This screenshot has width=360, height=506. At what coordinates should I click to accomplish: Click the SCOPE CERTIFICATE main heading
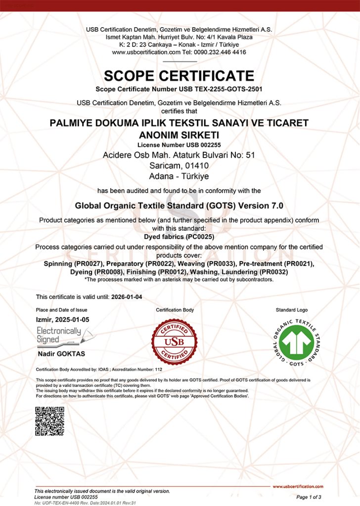click(179, 76)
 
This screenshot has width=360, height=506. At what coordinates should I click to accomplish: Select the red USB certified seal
click(174, 341)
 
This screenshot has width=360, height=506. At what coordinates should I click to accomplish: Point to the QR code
click(49, 421)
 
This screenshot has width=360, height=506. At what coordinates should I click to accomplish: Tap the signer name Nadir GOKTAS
click(61, 354)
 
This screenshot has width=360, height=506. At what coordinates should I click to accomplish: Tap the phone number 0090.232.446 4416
click(221, 52)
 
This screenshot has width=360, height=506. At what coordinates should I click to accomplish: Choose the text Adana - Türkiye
click(179, 175)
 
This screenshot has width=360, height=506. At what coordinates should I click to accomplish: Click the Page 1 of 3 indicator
click(309, 497)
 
